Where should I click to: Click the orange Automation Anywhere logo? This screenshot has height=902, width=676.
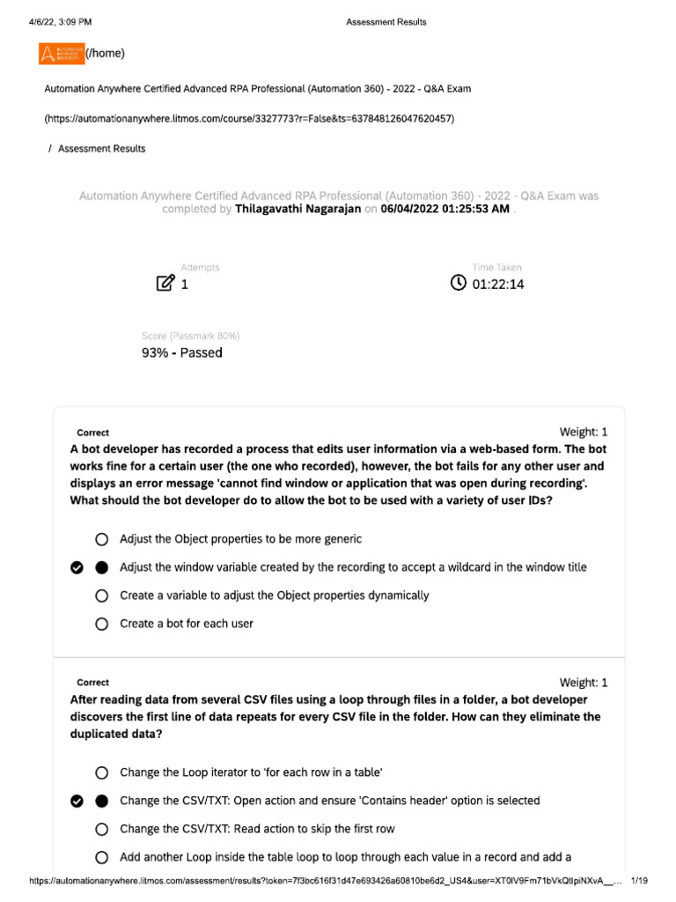click(62, 54)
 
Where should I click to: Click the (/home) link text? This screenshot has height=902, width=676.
click(106, 54)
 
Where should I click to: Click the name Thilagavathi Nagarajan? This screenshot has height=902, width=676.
click(298, 210)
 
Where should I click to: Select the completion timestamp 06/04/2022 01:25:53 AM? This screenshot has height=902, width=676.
click(445, 210)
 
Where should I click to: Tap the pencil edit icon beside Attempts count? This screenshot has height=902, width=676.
click(165, 284)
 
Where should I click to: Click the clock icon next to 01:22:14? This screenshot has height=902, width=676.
click(458, 283)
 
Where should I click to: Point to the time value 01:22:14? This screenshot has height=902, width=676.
click(498, 285)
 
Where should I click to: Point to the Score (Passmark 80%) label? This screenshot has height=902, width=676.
click(190, 336)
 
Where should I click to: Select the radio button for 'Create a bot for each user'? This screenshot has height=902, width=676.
click(101, 624)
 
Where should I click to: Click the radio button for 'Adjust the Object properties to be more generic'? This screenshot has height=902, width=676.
click(101, 539)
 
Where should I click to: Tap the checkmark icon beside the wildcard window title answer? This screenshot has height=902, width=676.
click(77, 567)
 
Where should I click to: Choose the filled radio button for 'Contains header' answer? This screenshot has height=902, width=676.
click(101, 801)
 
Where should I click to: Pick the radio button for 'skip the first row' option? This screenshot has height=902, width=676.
click(101, 829)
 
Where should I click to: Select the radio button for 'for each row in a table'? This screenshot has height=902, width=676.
click(101, 773)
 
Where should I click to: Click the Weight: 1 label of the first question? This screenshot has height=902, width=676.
click(583, 432)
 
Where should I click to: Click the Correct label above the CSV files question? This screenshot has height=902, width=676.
click(92, 683)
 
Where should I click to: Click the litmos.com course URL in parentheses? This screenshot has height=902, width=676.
click(249, 118)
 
